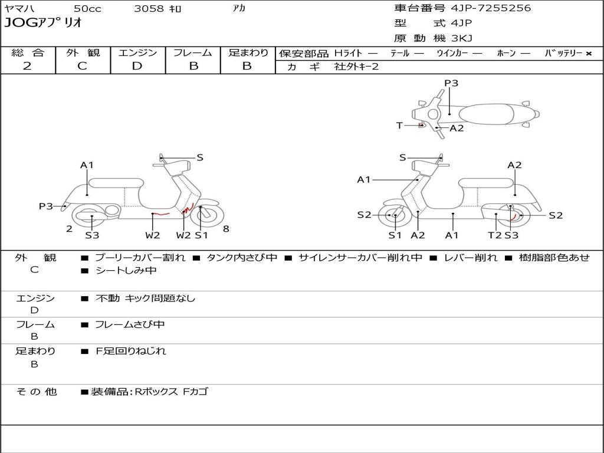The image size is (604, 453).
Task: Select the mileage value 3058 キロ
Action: pos(158,9)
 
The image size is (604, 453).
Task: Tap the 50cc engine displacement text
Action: pos(87,9)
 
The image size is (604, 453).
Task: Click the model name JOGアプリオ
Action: pos(43,24)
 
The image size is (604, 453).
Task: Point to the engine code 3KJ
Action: pos(462,38)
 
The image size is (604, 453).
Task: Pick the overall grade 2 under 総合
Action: pos(27,66)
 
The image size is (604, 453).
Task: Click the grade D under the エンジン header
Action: pos(137,66)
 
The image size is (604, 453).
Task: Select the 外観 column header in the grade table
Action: pos(83,53)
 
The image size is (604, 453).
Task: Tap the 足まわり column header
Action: pos(248,53)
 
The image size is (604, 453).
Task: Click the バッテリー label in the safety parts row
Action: pos(563,54)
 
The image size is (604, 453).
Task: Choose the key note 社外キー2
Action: pos(356,67)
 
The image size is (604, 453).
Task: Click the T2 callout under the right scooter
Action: pos(494,235)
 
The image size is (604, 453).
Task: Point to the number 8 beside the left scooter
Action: pos(226,229)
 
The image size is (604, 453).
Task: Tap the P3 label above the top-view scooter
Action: pos(451,83)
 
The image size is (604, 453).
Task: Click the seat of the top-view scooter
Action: pos(482,114)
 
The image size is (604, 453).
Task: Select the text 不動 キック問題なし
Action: pos(145,298)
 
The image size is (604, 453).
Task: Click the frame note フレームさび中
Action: pos(130,324)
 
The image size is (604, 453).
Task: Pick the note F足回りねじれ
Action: pos(131,351)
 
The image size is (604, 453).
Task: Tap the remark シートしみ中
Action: pos(126,271)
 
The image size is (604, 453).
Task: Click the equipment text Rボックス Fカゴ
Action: pos(171,392)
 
